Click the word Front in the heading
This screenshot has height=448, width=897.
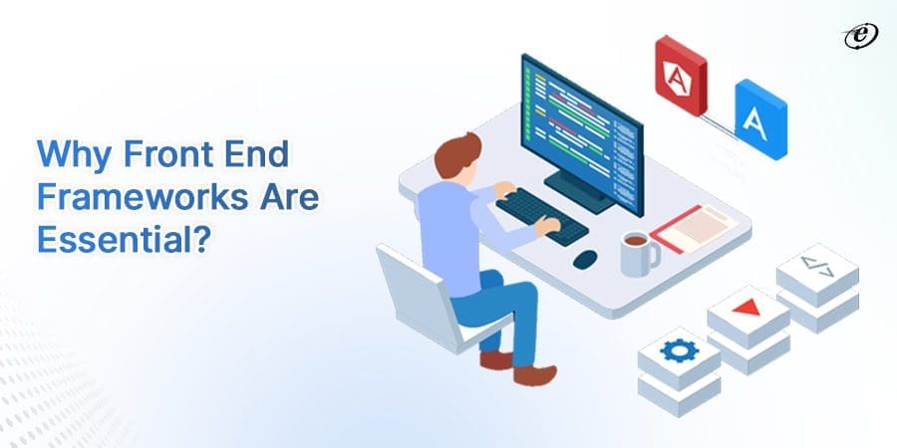pos(152,155)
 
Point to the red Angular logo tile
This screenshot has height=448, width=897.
pos(681,74)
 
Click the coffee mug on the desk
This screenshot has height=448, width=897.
pos(637,253)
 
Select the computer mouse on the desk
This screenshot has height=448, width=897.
pos(585,258)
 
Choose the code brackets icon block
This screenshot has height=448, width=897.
pos(816,265)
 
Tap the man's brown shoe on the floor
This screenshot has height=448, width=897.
pos(532,374)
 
